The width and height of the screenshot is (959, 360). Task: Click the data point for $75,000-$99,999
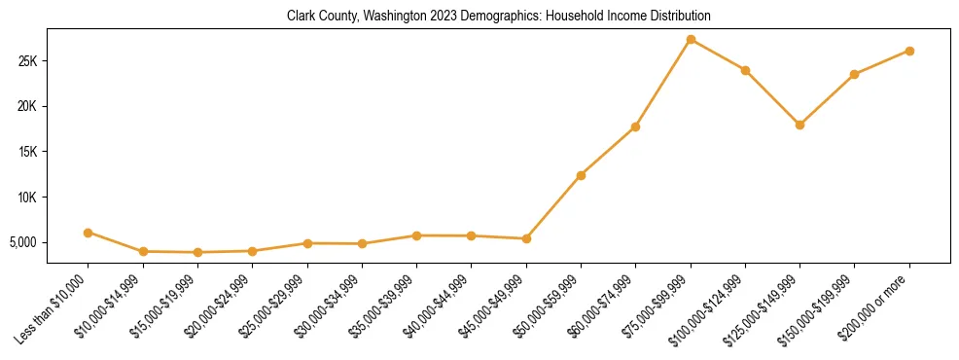coord(691,40)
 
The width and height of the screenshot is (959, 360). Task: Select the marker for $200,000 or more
coord(909,51)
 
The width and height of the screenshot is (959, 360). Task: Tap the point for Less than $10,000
coord(89,233)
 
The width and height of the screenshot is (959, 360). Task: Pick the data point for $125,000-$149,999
coord(799,125)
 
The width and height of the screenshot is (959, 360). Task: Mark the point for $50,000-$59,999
coord(581,175)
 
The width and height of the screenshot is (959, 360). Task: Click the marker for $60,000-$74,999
coord(635,126)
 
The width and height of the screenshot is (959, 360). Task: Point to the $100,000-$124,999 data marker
coord(745,70)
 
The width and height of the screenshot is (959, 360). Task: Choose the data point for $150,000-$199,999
coord(854,74)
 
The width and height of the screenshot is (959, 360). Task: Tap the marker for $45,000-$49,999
coord(526,238)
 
